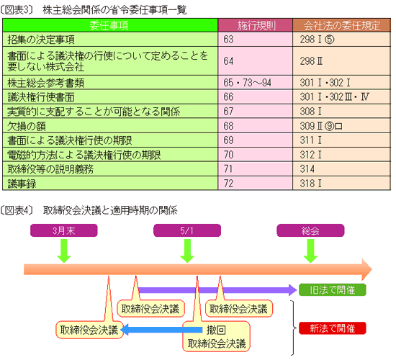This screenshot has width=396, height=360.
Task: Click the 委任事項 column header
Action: pos(110,25)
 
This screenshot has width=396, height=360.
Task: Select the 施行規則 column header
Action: pos(256,25)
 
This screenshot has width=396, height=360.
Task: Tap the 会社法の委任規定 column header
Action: pos(341,25)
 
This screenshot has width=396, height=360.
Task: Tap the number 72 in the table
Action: pos(228,184)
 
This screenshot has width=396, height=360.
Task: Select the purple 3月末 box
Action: pos(63,230)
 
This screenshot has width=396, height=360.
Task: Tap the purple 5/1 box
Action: pos(187,230)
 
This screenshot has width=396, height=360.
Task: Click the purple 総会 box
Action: pos(310,230)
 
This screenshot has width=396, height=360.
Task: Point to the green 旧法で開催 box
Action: pos(333,289)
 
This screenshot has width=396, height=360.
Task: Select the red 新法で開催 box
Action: pos(333,328)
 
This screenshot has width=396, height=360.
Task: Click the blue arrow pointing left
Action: pos(161,330)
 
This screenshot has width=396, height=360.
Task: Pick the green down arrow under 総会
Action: pos(310,251)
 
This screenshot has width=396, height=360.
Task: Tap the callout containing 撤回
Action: pos(216,336)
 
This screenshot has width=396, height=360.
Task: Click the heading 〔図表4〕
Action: pos(17,210)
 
